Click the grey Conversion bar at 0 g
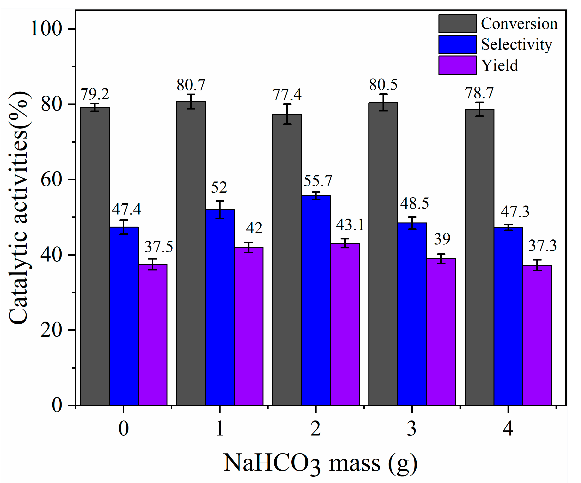tap(95, 256)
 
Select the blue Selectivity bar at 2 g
tap(316, 301)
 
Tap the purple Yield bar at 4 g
tap(537, 335)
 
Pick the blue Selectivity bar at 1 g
tap(220, 308)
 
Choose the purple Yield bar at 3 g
tap(441, 332)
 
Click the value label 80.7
tap(191, 85)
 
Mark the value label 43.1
tap(350, 224)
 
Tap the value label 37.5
tap(159, 246)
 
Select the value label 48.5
tap(414, 203)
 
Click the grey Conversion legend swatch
tap(458, 24)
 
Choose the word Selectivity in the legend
tap(517, 45)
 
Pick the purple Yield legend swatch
tap(458, 65)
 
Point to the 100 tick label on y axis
tap(46, 29)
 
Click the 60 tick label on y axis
tap(51, 180)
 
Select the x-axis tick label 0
tap(123, 429)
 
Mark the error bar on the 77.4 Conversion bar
tap(287, 114)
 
